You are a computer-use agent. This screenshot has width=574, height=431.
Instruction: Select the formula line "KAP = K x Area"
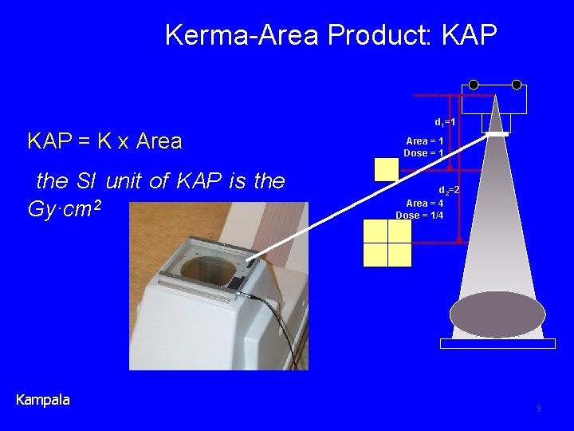(x=104, y=141)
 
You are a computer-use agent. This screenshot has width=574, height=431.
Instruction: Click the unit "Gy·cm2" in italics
(x=68, y=210)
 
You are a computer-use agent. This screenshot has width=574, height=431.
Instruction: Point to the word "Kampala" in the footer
(x=43, y=399)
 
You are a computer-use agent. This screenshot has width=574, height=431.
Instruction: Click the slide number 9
(x=539, y=409)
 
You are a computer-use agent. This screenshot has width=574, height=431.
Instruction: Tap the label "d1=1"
(x=444, y=122)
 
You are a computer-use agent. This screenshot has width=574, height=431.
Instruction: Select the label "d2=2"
(x=449, y=190)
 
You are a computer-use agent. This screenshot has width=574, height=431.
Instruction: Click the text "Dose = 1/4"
(x=420, y=215)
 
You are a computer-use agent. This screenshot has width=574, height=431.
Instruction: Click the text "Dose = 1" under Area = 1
(x=423, y=152)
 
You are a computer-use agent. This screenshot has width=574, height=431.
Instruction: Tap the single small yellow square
(x=386, y=169)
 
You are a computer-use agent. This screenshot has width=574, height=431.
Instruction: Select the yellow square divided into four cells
(x=387, y=243)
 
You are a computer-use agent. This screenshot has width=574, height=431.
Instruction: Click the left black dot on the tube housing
(x=474, y=84)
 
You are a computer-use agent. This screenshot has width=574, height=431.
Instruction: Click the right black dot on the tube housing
(x=517, y=84)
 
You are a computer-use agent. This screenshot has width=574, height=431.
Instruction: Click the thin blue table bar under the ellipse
(x=497, y=343)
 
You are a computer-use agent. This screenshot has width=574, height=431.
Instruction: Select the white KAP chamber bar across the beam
(x=497, y=134)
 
